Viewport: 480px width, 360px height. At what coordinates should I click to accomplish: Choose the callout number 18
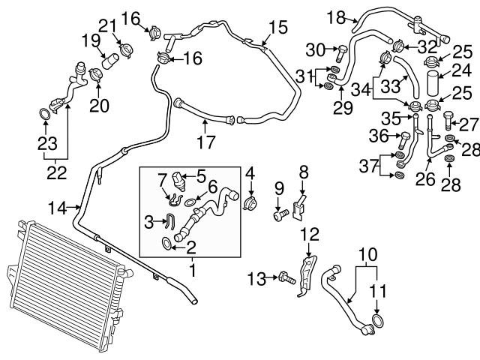pos(336,16)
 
